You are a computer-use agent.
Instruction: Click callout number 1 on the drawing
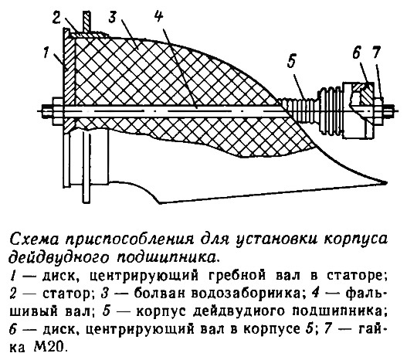coord(46,53)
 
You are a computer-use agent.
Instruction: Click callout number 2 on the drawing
coord(56,17)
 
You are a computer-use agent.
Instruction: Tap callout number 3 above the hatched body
coord(113,17)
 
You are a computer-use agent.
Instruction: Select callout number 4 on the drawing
coord(158,15)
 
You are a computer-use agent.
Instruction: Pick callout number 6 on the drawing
coord(356,53)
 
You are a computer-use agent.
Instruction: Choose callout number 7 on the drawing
coord(375,53)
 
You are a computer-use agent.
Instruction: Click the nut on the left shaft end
coord(58,111)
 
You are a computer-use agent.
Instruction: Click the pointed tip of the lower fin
coord(386,183)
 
